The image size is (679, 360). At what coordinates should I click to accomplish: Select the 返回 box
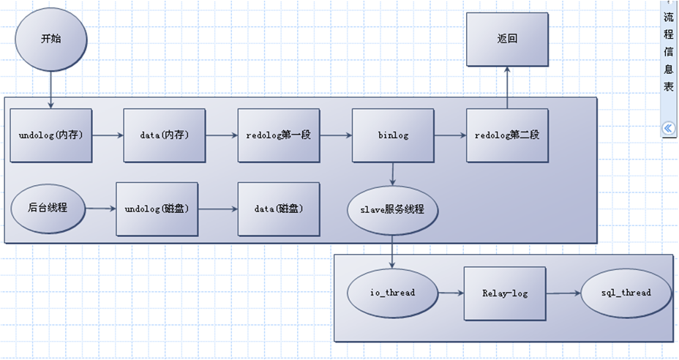tap(506, 40)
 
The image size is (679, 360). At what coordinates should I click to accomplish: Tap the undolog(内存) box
tap(51, 136)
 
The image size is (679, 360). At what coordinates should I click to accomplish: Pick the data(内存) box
tap(165, 136)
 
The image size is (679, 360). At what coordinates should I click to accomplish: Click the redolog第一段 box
tap(279, 136)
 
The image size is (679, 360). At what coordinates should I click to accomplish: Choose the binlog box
tap(393, 136)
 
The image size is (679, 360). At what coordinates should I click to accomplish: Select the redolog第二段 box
tap(506, 136)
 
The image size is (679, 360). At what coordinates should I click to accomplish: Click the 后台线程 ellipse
tap(48, 209)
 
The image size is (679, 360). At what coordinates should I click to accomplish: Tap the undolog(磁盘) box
tap(157, 209)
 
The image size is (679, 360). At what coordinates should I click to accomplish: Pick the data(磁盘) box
tap(279, 209)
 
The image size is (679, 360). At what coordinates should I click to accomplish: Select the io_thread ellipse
tap(393, 293)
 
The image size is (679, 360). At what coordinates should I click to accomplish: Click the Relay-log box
tap(505, 293)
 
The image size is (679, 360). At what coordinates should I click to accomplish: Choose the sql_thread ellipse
tap(625, 293)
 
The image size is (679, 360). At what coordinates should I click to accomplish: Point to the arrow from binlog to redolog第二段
tap(450, 136)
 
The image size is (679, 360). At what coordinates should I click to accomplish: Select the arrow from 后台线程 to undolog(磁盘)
tap(101, 209)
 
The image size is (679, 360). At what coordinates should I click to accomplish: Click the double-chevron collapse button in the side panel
tap(668, 129)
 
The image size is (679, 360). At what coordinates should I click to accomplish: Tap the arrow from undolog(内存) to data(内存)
tap(108, 136)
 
